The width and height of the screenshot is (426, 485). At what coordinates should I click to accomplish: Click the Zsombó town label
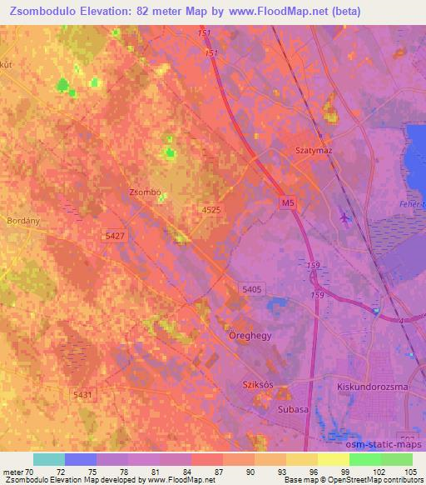[x=145, y=192]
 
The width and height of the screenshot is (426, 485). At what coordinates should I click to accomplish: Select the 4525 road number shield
[x=211, y=212]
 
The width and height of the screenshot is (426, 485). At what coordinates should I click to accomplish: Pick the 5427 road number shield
[x=116, y=237]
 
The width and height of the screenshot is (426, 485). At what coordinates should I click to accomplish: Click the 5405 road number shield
[x=252, y=288]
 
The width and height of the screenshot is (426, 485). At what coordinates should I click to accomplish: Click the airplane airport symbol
[x=346, y=218]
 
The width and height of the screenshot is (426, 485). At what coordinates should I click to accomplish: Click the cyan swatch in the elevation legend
[x=49, y=459]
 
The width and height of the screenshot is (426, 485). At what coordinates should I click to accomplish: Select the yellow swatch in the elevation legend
[x=334, y=459]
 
